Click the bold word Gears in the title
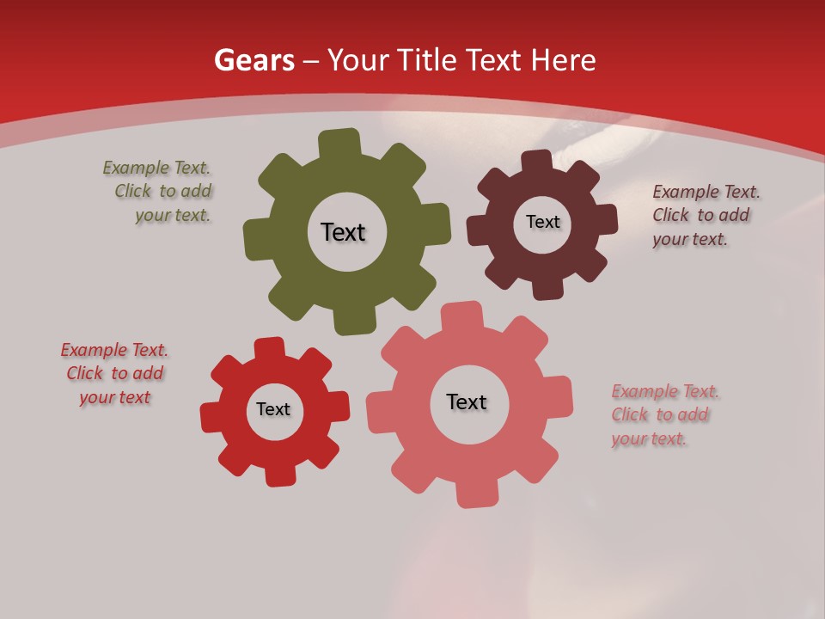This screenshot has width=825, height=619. pos(254,60)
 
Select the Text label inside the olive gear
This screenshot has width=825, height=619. pos(343,232)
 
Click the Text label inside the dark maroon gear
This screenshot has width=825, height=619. pos(542,222)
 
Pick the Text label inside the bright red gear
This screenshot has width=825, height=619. pos(273,409)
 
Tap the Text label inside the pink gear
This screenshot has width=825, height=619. pos(467,401)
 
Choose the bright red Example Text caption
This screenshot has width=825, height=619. pos(114,374)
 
